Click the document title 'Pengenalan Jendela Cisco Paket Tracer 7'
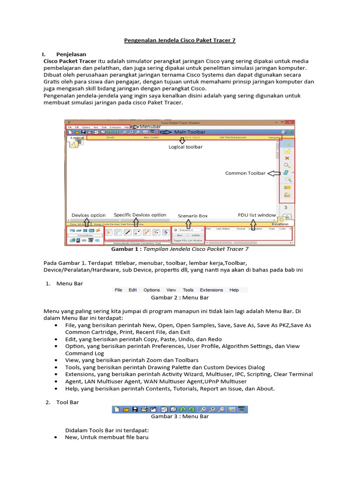pyautogui.click(x=180, y=41)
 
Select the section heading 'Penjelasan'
pyautogui.click(x=71, y=54)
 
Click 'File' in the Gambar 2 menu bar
pyautogui.click(x=119, y=290)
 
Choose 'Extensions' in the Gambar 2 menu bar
pyautogui.click(x=211, y=290)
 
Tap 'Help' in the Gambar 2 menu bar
pyautogui.click(x=234, y=290)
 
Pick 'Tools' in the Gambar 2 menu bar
pyautogui.click(x=188, y=290)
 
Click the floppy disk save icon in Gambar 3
pyautogui.click(x=135, y=409)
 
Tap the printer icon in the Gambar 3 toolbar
pyautogui.click(x=144, y=409)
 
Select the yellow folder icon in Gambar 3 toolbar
pyautogui.click(x=126, y=409)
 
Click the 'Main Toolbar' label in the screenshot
pyautogui.click(x=190, y=132)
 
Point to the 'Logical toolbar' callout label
pyautogui.click(x=186, y=147)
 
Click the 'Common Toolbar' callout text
pyautogui.click(x=246, y=173)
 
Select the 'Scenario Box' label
pyautogui.click(x=193, y=216)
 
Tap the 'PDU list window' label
pyautogui.click(x=256, y=215)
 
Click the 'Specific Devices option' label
pyautogui.click(x=140, y=215)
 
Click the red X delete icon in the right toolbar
pyautogui.click(x=287, y=158)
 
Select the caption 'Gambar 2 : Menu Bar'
pyautogui.click(x=180, y=298)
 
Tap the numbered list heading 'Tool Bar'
pyautogui.click(x=67, y=402)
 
